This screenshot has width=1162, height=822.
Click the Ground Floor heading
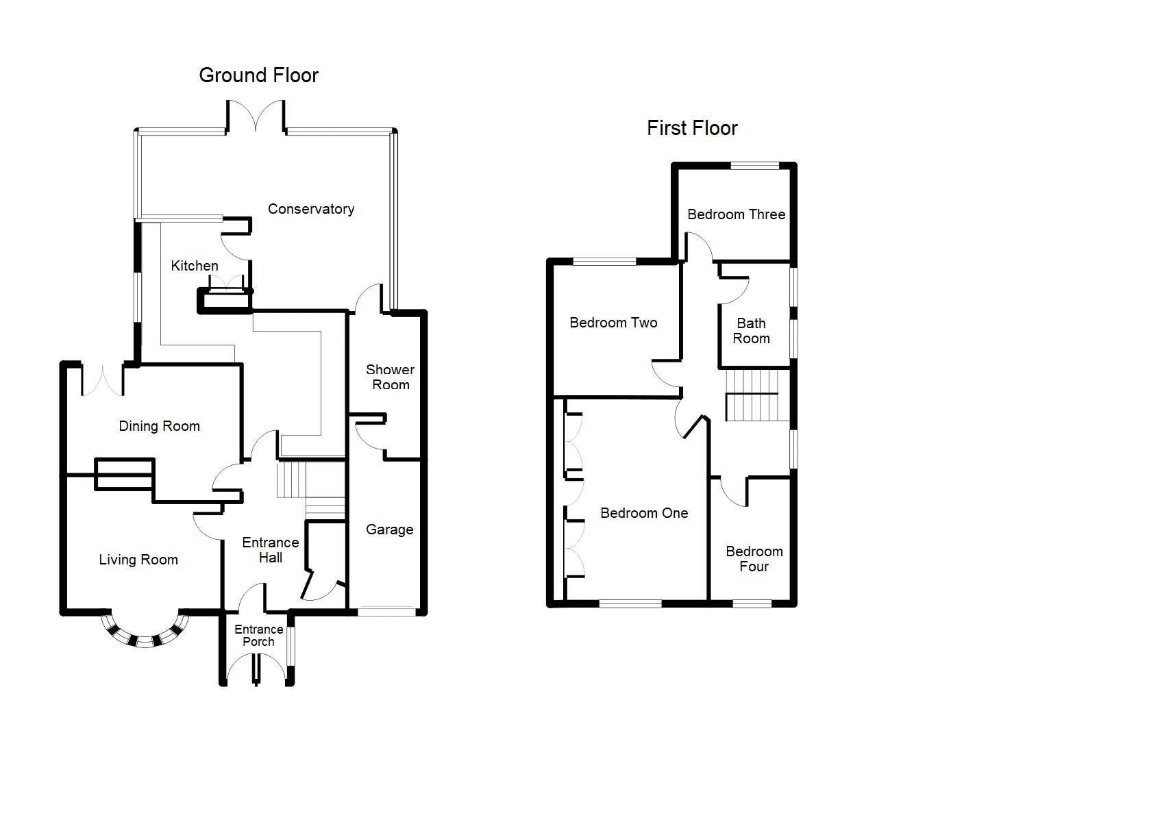258,75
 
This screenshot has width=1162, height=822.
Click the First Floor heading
692,128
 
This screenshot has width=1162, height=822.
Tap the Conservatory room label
311,209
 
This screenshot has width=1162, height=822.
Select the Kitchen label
195,266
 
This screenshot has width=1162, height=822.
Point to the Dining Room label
160,426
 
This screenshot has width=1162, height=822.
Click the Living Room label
138,560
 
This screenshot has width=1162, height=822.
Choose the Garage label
389,530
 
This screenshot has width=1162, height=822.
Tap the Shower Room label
391,377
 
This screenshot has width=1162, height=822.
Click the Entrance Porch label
258,636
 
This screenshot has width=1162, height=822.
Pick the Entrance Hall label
271,550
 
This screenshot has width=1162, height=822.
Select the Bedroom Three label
736,214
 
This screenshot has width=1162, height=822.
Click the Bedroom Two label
613,323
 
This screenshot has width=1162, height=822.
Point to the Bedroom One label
644,513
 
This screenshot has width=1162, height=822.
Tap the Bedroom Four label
754,559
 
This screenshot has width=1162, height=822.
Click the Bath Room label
751,331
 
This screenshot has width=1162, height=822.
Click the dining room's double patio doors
103,381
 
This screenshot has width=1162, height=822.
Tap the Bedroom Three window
755,165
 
